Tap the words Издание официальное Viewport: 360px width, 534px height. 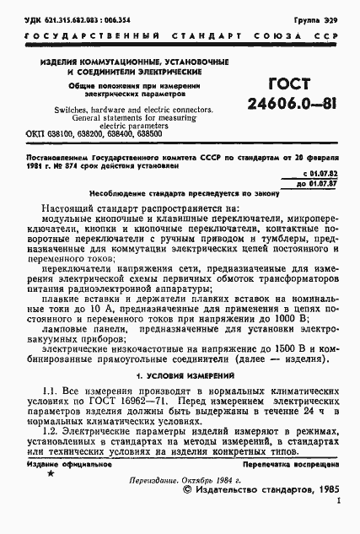[x=60, y=465]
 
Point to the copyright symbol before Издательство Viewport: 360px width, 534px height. [x=186, y=488]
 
